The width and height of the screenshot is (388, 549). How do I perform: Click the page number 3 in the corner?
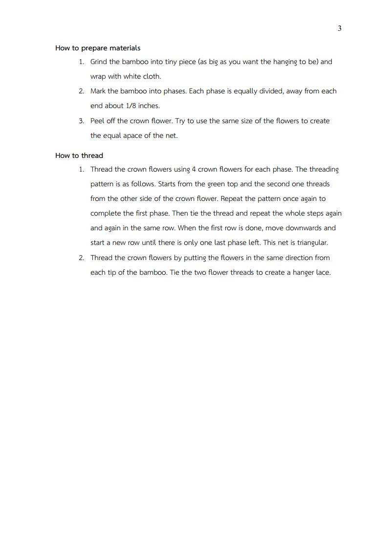pyautogui.click(x=340, y=28)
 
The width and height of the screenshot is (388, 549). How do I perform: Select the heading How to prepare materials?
pyautogui.click(x=98, y=48)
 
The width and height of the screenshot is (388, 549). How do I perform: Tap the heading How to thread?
pyautogui.click(x=79, y=155)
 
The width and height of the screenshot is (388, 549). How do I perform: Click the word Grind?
pyautogui.click(x=99, y=62)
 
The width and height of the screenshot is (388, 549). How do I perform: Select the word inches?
pyautogui.click(x=149, y=106)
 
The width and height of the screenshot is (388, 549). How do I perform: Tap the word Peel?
pyautogui.click(x=97, y=121)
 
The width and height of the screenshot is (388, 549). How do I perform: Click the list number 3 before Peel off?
pyautogui.click(x=81, y=121)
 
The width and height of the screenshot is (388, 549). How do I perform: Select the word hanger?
pyautogui.click(x=303, y=273)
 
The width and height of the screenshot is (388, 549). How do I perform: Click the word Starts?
pyautogui.click(x=168, y=184)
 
